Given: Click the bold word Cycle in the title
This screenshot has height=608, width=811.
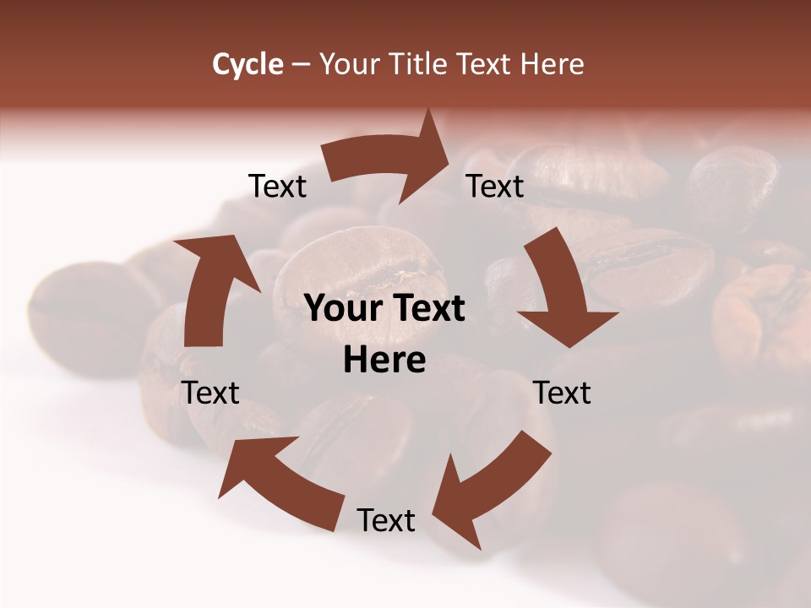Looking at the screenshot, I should coord(248,64).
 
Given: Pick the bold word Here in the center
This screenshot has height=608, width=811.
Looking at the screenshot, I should coord(384,361).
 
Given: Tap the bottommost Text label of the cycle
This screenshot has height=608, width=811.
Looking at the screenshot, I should coord(386,521).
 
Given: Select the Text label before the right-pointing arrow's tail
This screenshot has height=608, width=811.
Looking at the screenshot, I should coord(277,187).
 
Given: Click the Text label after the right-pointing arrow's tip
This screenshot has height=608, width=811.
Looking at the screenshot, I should coord(496,187).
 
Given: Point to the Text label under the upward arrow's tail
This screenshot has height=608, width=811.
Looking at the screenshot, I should coord(210,393).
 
